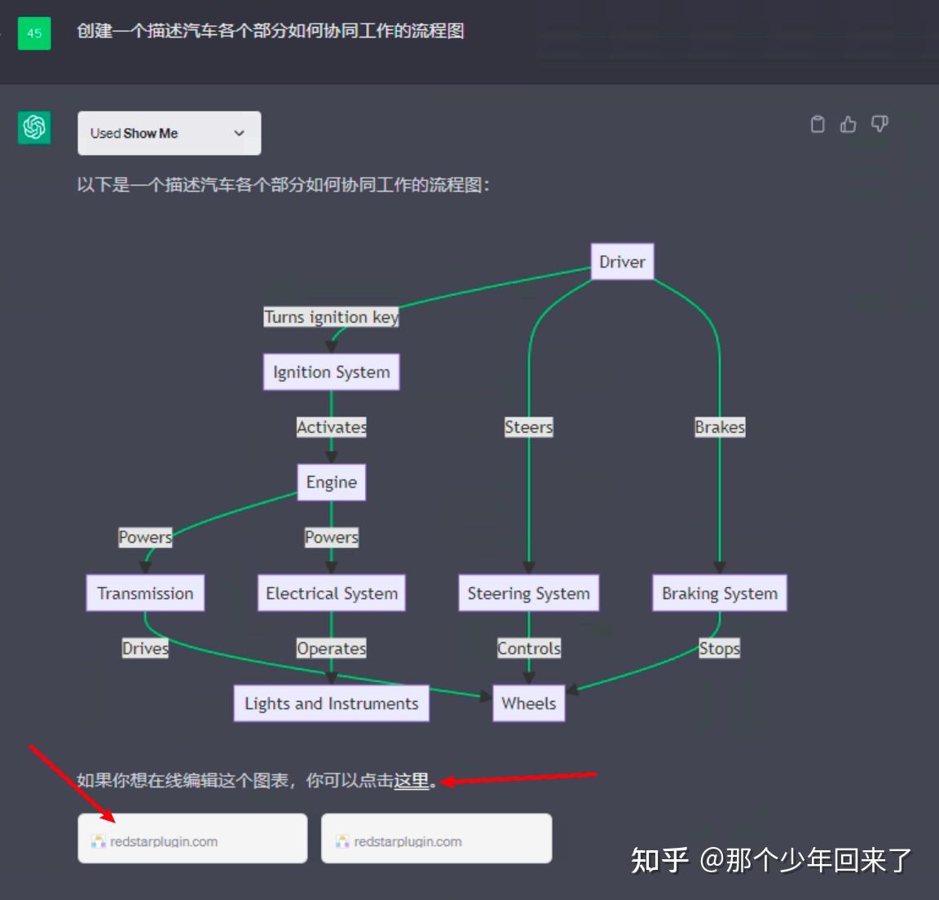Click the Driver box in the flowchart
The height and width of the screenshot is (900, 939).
click(x=622, y=262)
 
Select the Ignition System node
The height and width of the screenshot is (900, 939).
click(x=331, y=372)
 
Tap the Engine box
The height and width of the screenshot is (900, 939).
click(x=331, y=482)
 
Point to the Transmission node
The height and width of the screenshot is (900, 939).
click(x=145, y=593)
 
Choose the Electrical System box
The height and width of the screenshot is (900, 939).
click(x=331, y=593)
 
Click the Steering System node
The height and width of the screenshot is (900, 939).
click(x=528, y=593)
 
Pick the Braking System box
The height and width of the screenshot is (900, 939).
click(x=719, y=593)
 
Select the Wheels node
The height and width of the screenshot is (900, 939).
click(x=528, y=703)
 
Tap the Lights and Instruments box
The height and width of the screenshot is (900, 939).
click(x=331, y=703)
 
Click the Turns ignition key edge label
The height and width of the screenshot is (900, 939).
click(x=331, y=317)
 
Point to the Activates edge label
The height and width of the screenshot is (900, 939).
click(x=331, y=427)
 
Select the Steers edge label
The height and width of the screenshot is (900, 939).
click(x=528, y=427)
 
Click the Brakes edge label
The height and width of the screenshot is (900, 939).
click(x=719, y=427)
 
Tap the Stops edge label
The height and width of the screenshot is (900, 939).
click(x=719, y=648)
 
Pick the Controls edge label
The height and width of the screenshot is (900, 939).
click(x=528, y=648)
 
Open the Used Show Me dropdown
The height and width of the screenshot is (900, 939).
click(x=169, y=133)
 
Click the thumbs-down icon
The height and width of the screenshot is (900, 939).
click(x=879, y=124)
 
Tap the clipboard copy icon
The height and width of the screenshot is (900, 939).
click(x=818, y=124)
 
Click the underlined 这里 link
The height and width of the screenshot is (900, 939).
click(x=412, y=780)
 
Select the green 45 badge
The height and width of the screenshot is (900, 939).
click(x=34, y=33)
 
